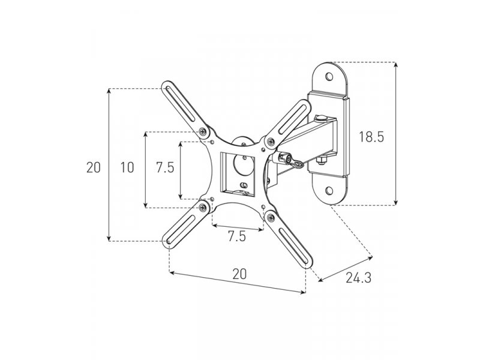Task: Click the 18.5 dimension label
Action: (x=371, y=136)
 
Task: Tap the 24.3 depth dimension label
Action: (x=358, y=278)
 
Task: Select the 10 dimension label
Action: (x=127, y=167)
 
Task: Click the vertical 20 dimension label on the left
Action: (x=94, y=167)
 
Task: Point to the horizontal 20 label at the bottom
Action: (x=239, y=274)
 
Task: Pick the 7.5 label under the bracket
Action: (x=236, y=236)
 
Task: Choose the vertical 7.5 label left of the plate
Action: (x=165, y=167)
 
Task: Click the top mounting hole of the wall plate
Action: (x=329, y=76)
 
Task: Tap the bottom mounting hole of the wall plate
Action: (x=329, y=191)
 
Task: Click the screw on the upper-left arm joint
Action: (x=203, y=131)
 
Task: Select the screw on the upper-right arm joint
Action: (x=271, y=142)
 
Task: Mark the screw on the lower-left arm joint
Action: (x=203, y=208)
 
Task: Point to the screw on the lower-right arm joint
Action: (x=271, y=218)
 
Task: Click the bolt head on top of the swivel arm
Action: (x=320, y=117)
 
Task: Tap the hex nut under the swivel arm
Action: (x=320, y=160)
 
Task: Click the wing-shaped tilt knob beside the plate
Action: (x=289, y=161)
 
